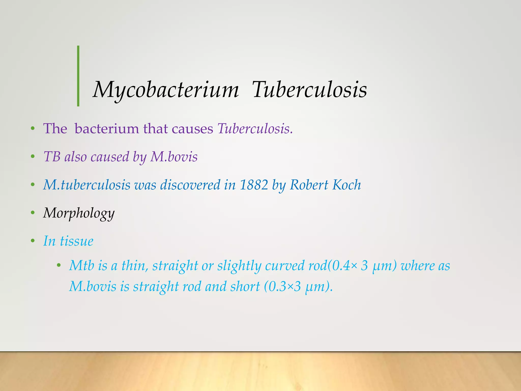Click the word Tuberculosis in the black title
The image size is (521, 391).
tap(309, 90)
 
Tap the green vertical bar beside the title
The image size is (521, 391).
tap(78, 76)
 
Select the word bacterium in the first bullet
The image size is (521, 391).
tap(107, 129)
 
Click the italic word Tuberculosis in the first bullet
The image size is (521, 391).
tap(254, 129)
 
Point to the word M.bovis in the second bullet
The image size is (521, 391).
tap(174, 157)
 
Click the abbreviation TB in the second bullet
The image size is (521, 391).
tap(52, 157)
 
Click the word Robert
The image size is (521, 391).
tap(309, 185)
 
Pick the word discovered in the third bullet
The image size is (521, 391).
tap(190, 185)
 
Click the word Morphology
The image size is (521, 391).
tap(79, 213)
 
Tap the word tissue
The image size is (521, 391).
tap(77, 241)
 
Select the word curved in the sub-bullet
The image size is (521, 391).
tap(285, 266)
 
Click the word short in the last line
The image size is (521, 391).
tap(245, 287)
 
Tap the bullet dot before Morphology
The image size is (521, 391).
tap(32, 213)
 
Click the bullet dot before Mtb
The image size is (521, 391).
tap(59, 266)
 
